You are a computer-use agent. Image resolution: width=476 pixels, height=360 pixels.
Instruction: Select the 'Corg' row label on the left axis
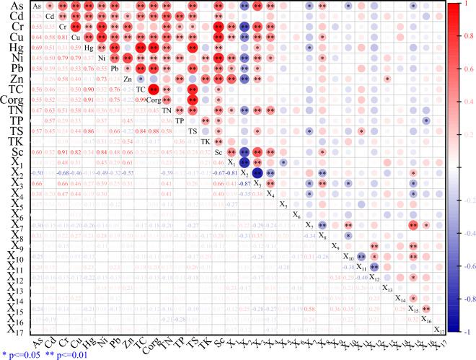(13, 100)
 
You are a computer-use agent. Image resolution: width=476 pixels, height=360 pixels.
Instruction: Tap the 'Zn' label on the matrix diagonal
(128, 79)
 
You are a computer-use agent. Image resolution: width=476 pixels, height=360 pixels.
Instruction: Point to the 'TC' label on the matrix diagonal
(141, 89)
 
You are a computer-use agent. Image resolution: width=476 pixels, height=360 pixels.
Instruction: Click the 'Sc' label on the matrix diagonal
(219, 152)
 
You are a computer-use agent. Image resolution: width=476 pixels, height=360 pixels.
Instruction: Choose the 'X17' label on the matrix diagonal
(438, 330)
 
